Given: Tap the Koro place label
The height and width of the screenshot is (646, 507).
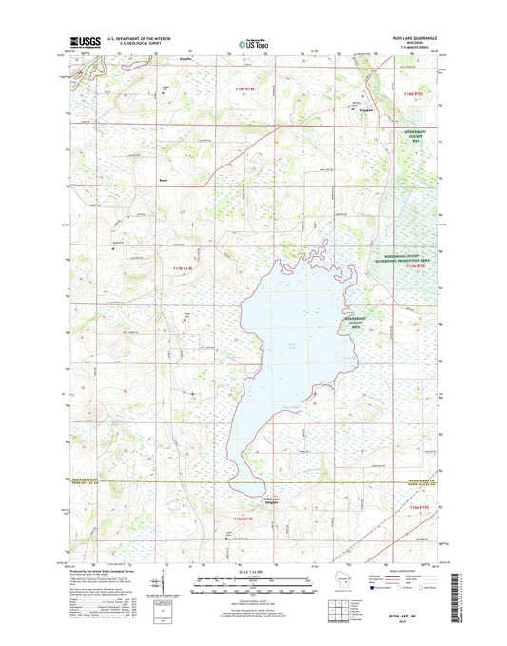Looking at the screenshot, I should click(x=164, y=178).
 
